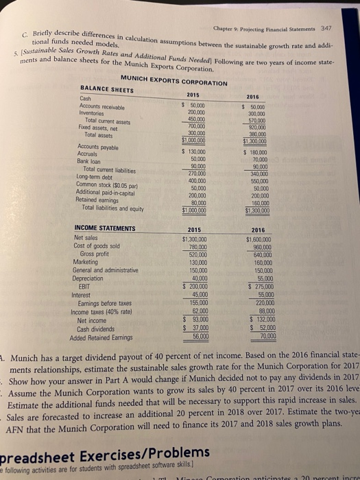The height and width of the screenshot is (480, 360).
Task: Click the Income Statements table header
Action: tap(104, 230)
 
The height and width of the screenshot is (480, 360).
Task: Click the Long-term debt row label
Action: tap(100, 175)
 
